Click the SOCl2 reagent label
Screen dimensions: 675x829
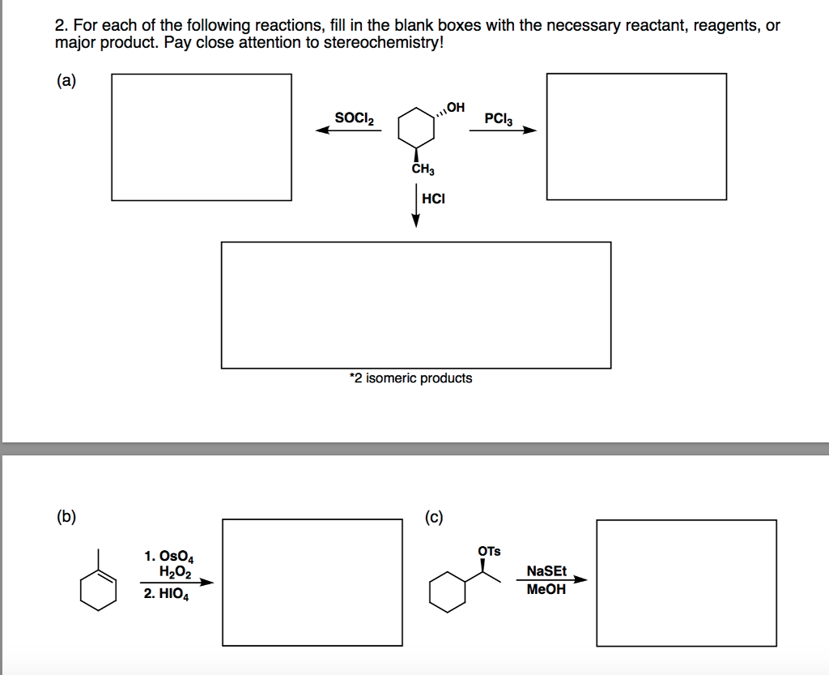click(355, 117)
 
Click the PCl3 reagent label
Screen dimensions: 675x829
click(498, 118)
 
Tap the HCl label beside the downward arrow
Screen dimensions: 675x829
click(433, 199)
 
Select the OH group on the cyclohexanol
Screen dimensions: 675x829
click(456, 107)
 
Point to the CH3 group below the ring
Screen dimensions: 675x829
click(423, 170)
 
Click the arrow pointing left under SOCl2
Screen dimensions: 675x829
click(348, 131)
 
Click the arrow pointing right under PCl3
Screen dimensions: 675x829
click(503, 130)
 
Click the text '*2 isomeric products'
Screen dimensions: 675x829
click(410, 378)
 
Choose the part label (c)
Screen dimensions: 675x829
click(434, 517)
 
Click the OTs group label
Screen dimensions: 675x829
click(489, 551)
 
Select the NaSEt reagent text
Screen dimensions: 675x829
click(546, 570)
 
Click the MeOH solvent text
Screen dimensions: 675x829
click(546, 590)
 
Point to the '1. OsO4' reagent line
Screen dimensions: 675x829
click(168, 557)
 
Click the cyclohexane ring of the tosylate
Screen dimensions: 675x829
click(448, 595)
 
